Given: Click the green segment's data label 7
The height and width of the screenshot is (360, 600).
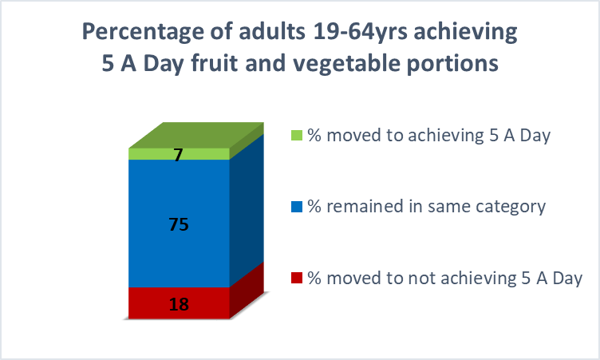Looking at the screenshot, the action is pyautogui.click(x=178, y=155).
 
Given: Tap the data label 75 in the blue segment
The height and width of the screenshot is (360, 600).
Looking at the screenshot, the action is pyautogui.click(x=179, y=224).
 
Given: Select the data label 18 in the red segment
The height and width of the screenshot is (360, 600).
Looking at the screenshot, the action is pyautogui.click(x=179, y=304).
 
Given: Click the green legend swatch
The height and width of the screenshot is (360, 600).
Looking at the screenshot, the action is pyautogui.click(x=297, y=135).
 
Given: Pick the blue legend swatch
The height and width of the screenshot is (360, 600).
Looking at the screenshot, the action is pyautogui.click(x=297, y=207).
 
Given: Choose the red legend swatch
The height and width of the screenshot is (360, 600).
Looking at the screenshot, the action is pyautogui.click(x=297, y=278).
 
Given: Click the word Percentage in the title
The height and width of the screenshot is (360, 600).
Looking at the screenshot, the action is pyautogui.click(x=143, y=32).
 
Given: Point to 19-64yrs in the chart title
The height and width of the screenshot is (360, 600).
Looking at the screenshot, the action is pyautogui.click(x=361, y=32).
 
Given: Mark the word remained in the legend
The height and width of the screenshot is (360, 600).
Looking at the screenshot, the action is pyautogui.click(x=365, y=207).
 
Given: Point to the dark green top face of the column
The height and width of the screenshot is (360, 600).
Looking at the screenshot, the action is pyautogui.click(x=196, y=135).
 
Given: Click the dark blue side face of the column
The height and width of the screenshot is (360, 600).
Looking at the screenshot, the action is pyautogui.click(x=247, y=210).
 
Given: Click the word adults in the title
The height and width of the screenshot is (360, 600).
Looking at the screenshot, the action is pyautogui.click(x=272, y=31).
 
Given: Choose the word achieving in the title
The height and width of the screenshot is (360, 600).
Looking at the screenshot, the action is pyautogui.click(x=465, y=33).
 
